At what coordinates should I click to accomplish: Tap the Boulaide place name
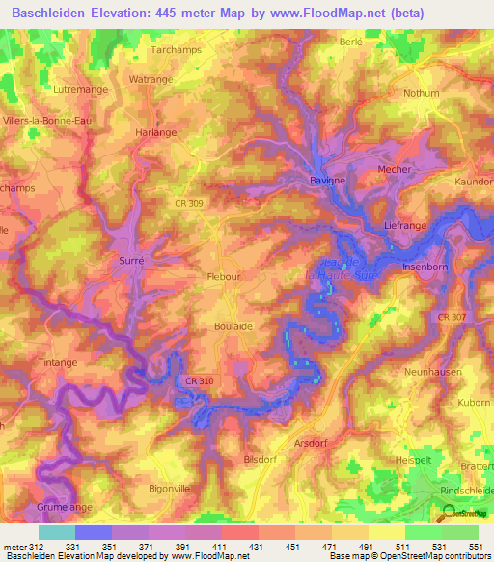click(233, 327)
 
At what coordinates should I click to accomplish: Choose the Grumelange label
click(68, 505)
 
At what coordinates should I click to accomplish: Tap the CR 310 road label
click(194, 383)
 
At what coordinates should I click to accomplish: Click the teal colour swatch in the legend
click(56, 532)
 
